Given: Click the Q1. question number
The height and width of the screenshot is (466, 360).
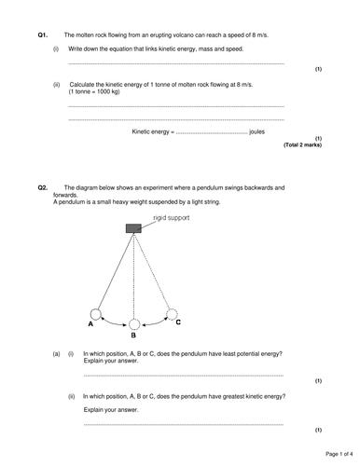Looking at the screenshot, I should pyautogui.click(x=43, y=34).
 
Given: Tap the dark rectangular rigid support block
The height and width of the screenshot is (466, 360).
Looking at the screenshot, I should pyautogui.click(x=133, y=227).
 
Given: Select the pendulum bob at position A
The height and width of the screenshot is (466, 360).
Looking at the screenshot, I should pyautogui.click(x=95, y=314).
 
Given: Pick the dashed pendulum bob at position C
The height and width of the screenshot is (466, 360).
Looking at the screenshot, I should pyautogui.click(x=171, y=313).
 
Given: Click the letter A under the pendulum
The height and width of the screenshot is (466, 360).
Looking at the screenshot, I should pyautogui.click(x=90, y=325).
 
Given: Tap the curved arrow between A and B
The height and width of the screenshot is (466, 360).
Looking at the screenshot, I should pyautogui.click(x=113, y=322).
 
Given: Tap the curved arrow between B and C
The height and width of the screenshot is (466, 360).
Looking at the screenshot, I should pyautogui.click(x=153, y=322).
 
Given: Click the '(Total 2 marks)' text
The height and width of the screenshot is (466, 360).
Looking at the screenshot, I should pyautogui.click(x=302, y=145).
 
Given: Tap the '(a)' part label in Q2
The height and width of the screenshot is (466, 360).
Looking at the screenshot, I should pyautogui.click(x=56, y=354).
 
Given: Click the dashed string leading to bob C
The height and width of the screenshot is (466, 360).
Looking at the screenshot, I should pyautogui.click(x=153, y=271).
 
